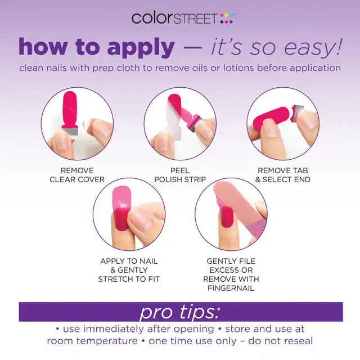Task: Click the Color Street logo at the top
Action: [183, 19]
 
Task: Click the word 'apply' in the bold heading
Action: [141, 47]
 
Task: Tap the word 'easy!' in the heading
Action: [313, 47]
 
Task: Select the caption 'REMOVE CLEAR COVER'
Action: [77, 175]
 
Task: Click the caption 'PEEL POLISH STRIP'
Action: [180, 175]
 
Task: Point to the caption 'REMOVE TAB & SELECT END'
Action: [283, 175]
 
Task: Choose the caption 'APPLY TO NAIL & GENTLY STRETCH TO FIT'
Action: [129, 270]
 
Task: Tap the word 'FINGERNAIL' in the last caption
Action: [231, 288]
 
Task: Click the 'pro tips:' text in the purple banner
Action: [180, 312]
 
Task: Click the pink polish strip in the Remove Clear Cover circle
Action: [70, 109]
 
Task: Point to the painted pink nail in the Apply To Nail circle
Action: [121, 219]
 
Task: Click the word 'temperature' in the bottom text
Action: [107, 341]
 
